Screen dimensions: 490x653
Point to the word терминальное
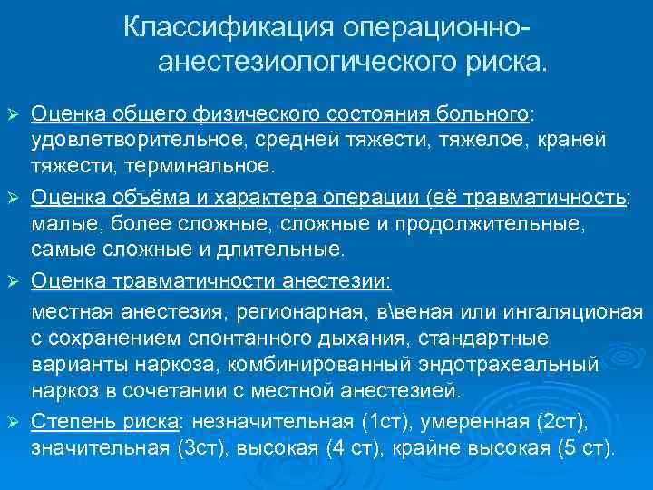(x=202, y=165)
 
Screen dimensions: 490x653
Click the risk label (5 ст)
(x=584, y=448)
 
